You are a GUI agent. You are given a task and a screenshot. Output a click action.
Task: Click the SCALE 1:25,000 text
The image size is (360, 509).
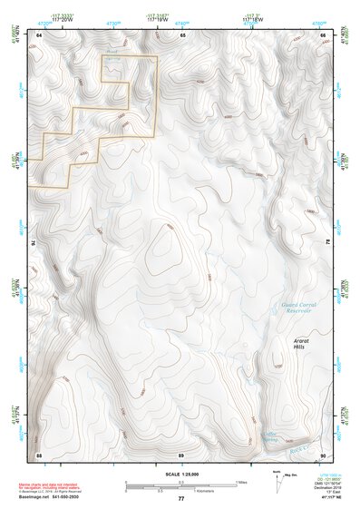click(x=180, y=474)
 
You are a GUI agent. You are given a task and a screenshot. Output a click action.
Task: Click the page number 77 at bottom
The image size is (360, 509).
click(x=180, y=499)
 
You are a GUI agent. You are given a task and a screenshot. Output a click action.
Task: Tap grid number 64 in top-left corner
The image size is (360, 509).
click(x=39, y=34)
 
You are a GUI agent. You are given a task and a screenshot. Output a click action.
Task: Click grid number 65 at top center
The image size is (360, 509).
click(x=182, y=34)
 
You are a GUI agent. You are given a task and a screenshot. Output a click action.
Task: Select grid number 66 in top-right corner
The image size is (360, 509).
click(x=323, y=34)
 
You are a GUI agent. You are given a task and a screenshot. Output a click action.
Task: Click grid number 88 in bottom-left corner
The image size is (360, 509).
click(x=39, y=454)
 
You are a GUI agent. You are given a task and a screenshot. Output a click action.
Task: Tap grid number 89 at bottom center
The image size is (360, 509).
click(x=180, y=454)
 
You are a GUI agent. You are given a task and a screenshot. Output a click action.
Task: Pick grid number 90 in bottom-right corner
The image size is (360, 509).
click(x=323, y=454)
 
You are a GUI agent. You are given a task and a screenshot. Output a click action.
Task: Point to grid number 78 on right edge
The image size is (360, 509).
click(x=327, y=243)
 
